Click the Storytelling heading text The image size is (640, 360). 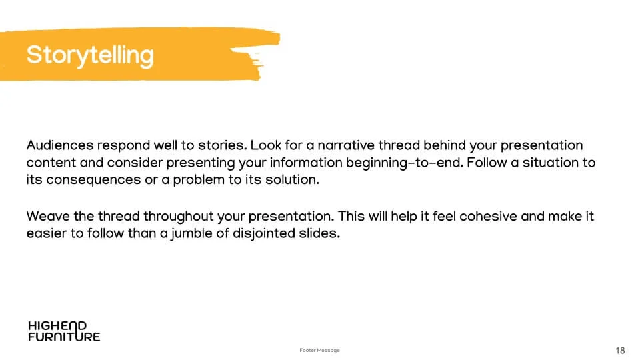pyautogui.click(x=90, y=55)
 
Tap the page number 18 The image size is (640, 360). pyautogui.click(x=620, y=351)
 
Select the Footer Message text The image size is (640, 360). pyautogui.click(x=319, y=350)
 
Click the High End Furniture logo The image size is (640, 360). pyautogui.click(x=64, y=331)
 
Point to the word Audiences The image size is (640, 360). pyautogui.click(x=60, y=145)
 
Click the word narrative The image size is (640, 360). pyautogui.click(x=346, y=145)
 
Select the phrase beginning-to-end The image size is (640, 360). pyautogui.click(x=405, y=163)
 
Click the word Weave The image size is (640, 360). pyautogui.click(x=48, y=216)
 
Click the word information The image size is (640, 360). pyautogui.click(x=306, y=163)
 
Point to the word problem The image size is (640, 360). pyautogui.click(x=199, y=180)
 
